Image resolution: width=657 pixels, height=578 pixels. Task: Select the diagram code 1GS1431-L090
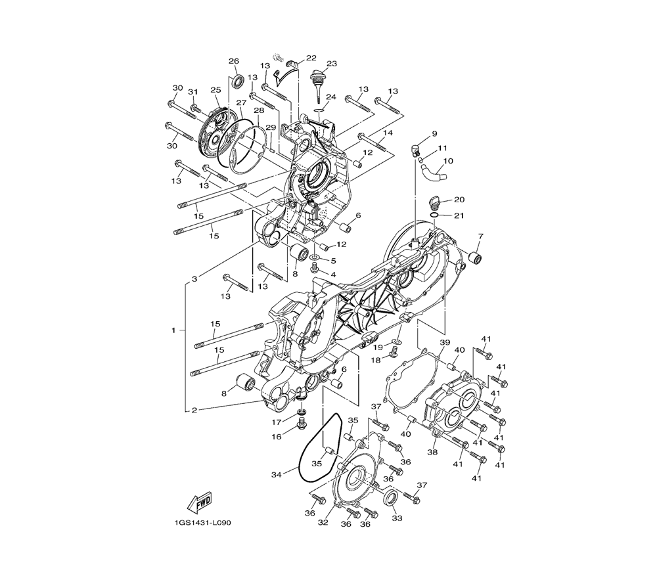coord(203,523)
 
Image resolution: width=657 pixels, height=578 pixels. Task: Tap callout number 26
coord(234,61)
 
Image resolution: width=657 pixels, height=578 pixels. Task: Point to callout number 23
coord(331,64)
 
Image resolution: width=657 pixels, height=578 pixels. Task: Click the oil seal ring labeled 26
coord(238,81)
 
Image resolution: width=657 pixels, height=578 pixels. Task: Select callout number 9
coord(434,133)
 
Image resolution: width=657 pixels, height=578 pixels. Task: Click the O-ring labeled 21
coord(435,215)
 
